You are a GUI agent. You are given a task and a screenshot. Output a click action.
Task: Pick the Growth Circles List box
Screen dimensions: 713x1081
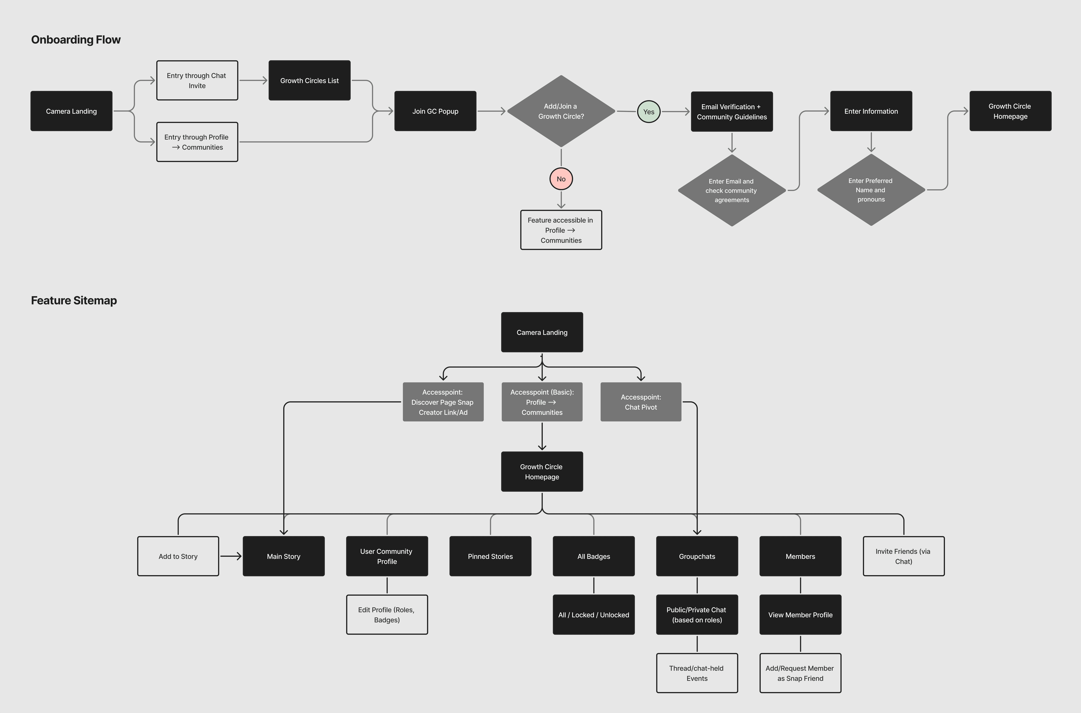[309, 81]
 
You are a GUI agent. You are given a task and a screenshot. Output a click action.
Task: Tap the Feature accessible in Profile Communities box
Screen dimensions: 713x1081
[561, 230]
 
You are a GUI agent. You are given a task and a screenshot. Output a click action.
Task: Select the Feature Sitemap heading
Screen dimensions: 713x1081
[74, 301]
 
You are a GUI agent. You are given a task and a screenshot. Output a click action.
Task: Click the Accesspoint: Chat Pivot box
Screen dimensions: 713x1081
[641, 402]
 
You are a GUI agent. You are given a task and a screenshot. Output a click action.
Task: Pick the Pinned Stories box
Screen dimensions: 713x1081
[490, 556]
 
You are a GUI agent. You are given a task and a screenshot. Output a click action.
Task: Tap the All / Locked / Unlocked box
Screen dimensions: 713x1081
[593, 615]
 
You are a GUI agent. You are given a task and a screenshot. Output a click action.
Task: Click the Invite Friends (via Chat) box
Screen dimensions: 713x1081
[903, 556]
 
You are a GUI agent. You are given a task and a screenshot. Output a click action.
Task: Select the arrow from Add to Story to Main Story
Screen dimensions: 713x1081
[231, 556]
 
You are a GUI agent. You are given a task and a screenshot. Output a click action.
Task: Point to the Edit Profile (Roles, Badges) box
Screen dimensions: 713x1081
[387, 615]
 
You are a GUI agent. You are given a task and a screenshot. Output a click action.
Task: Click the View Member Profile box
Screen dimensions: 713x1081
[800, 615]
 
